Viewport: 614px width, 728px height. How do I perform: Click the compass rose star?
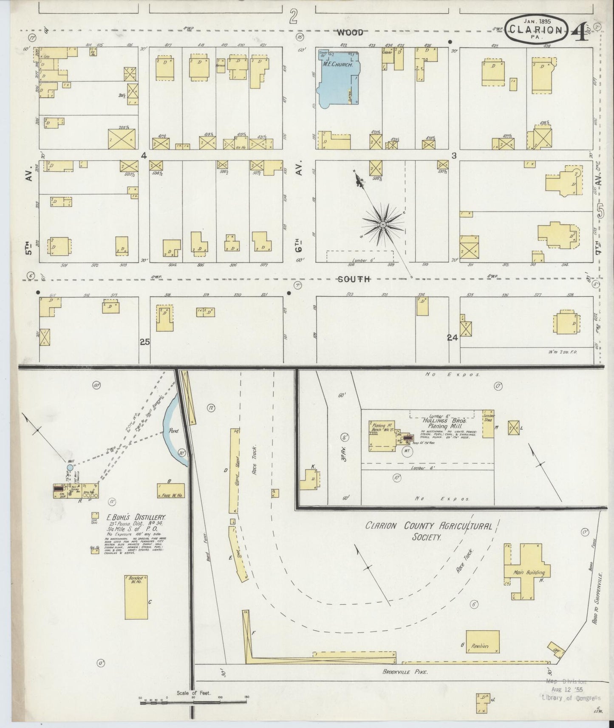[x=382, y=224]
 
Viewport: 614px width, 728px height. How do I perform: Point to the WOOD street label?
[x=351, y=32]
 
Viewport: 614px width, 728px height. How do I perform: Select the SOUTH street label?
[x=354, y=279]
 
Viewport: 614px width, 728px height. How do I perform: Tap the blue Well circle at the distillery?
[x=70, y=468]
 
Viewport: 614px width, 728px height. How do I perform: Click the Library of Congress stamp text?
[x=574, y=698]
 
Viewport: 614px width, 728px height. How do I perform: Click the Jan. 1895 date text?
[x=537, y=20]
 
